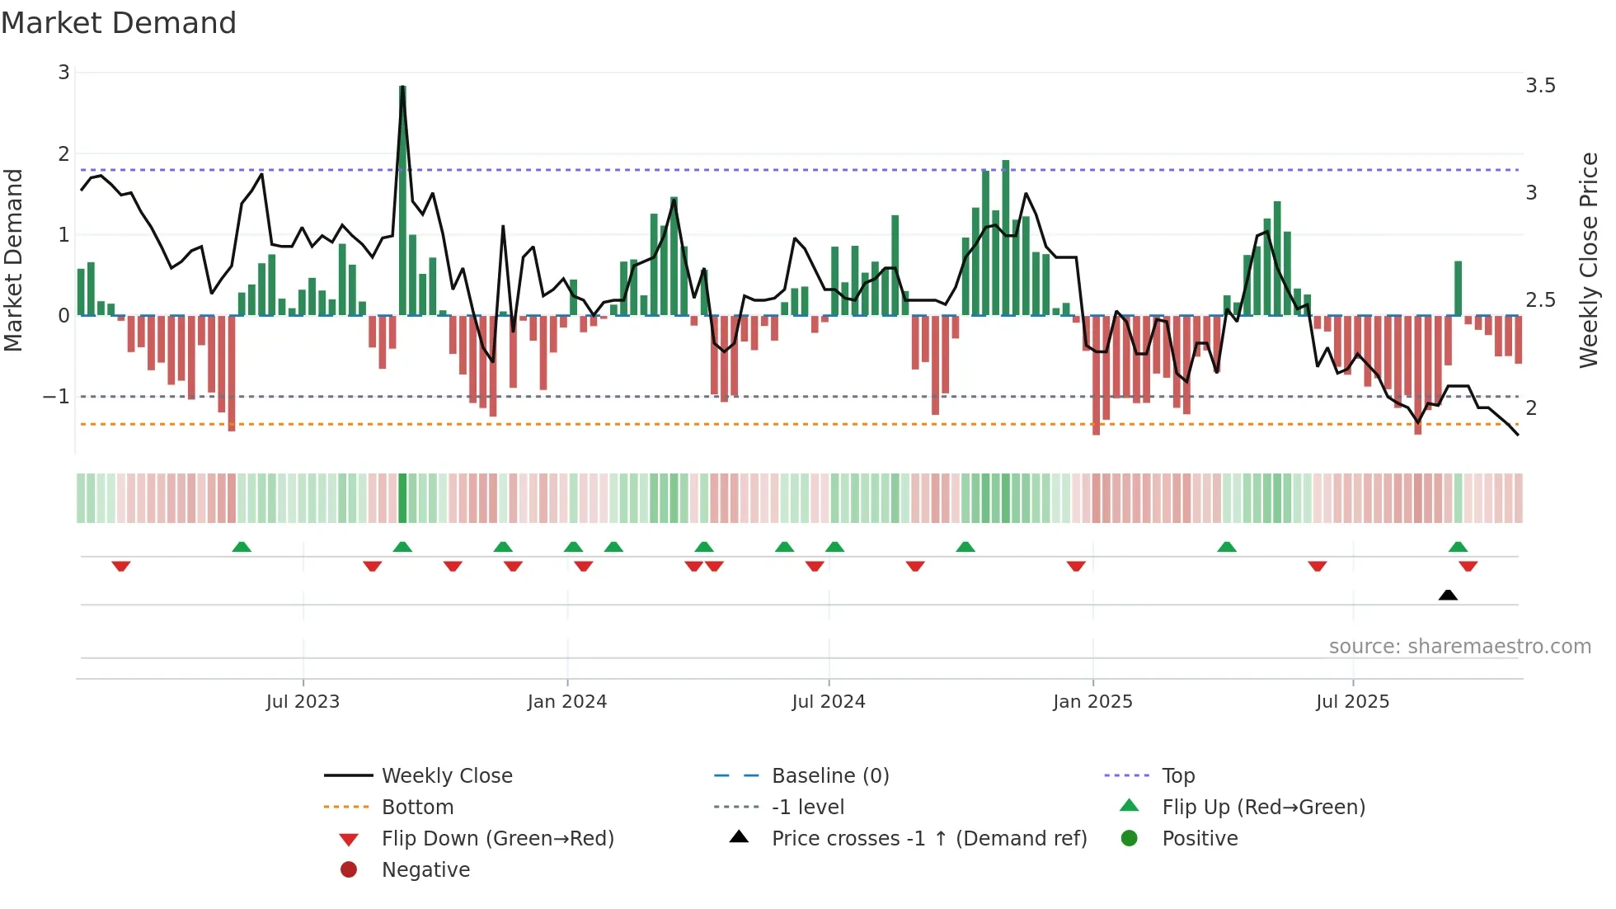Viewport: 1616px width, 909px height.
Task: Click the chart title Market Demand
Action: (x=119, y=23)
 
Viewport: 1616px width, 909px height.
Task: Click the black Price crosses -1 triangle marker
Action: (x=1448, y=595)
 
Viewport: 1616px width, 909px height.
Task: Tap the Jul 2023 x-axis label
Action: (x=303, y=702)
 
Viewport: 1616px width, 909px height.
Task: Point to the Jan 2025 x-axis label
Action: (x=1092, y=702)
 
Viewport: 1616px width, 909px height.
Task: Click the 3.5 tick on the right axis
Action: (x=1540, y=86)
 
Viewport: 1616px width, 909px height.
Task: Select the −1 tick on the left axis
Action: (x=56, y=397)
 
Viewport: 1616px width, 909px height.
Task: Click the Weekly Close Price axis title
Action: (x=1588, y=260)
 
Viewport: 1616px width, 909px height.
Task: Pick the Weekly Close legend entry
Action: (x=446, y=776)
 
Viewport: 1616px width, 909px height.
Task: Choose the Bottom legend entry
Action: (x=417, y=808)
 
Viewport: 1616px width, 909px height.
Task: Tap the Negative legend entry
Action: (x=425, y=870)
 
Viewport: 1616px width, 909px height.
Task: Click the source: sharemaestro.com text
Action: (x=1459, y=647)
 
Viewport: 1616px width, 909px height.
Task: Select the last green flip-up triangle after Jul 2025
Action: (x=1458, y=547)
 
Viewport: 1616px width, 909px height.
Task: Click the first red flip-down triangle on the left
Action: (x=121, y=566)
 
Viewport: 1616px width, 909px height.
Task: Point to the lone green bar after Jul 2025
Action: (x=1458, y=289)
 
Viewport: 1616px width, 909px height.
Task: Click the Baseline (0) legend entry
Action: (x=829, y=776)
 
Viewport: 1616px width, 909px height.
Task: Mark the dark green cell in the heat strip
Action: (x=402, y=498)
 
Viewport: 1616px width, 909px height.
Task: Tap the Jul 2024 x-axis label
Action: (x=828, y=702)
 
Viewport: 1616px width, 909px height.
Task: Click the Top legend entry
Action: (x=1178, y=776)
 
